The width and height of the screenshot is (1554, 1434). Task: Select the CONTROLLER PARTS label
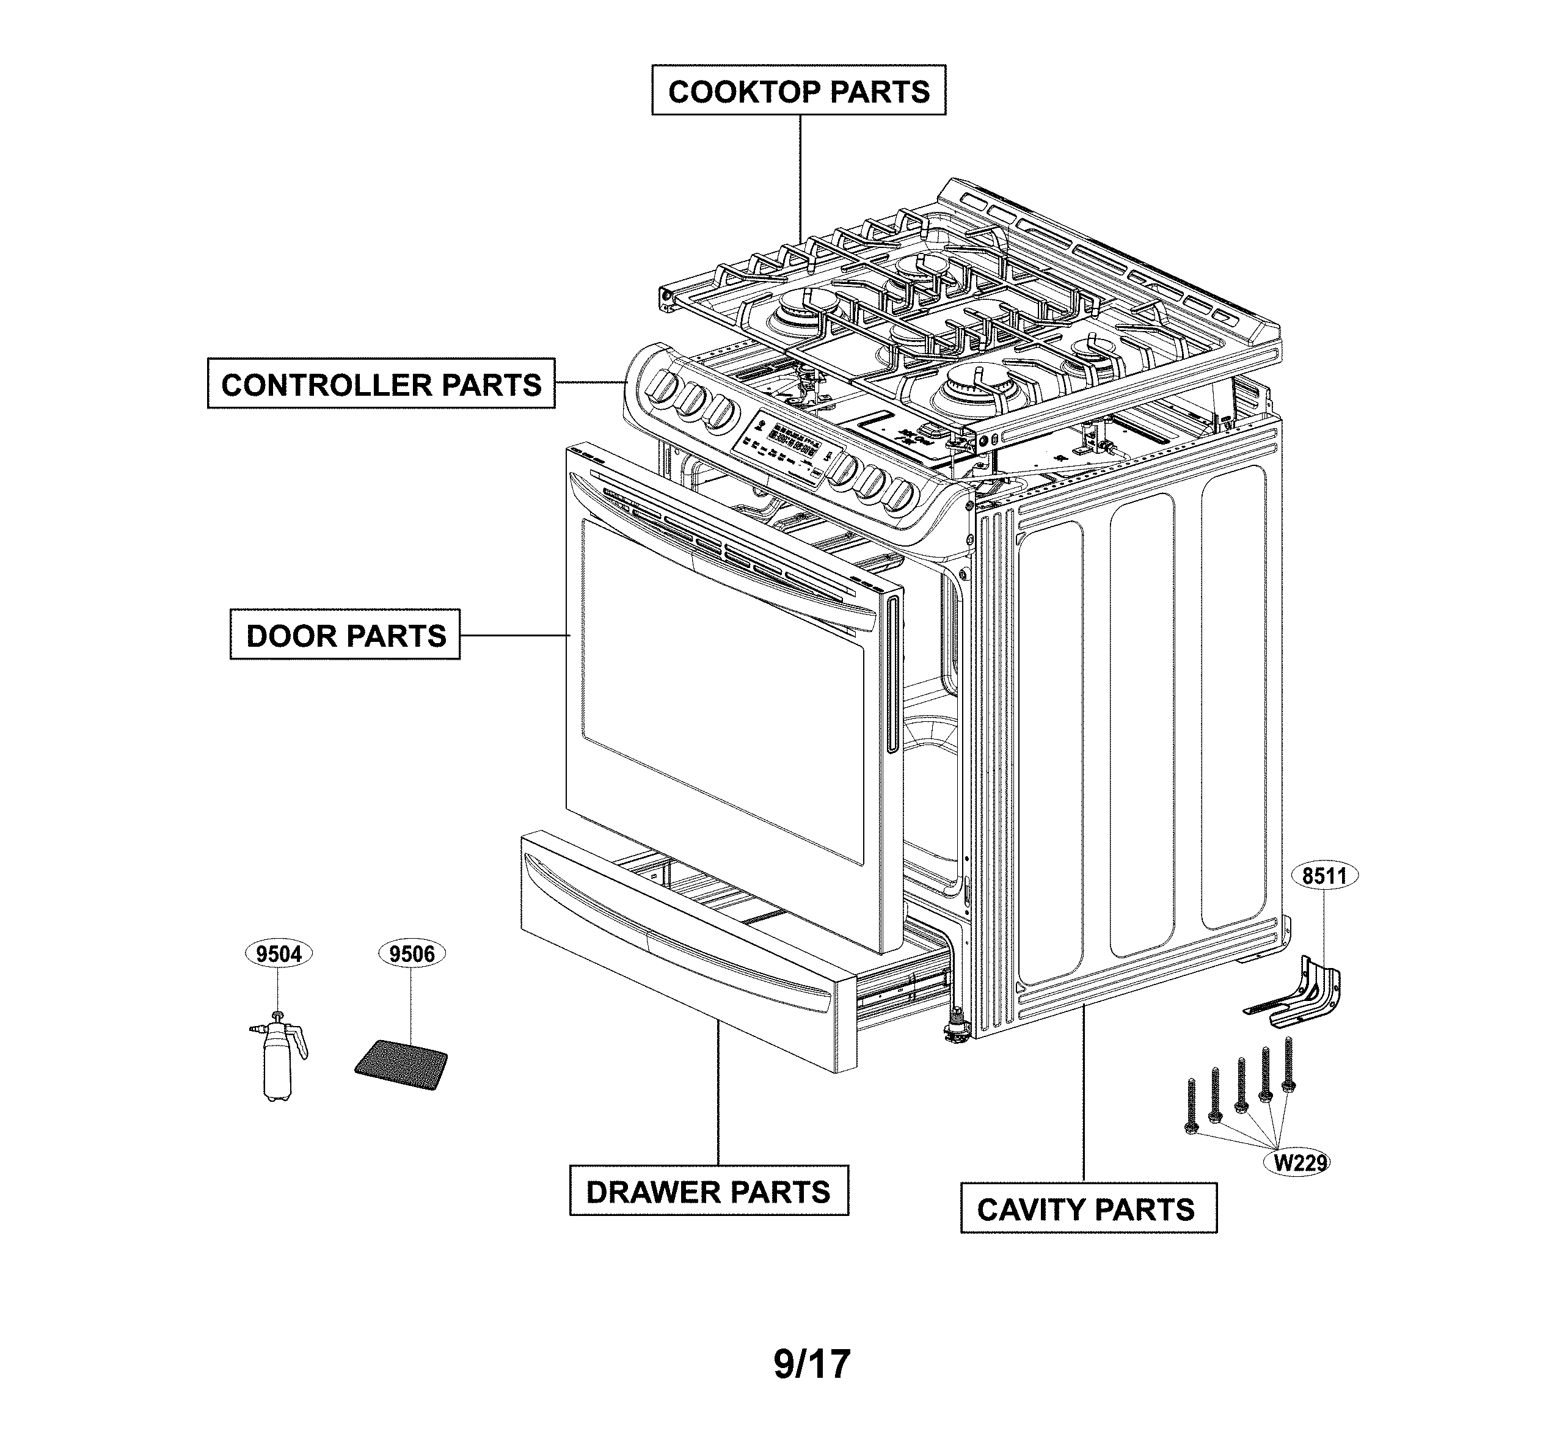(x=381, y=384)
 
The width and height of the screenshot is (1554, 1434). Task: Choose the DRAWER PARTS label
(x=708, y=1191)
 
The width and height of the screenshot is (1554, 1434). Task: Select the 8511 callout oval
(x=1324, y=876)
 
